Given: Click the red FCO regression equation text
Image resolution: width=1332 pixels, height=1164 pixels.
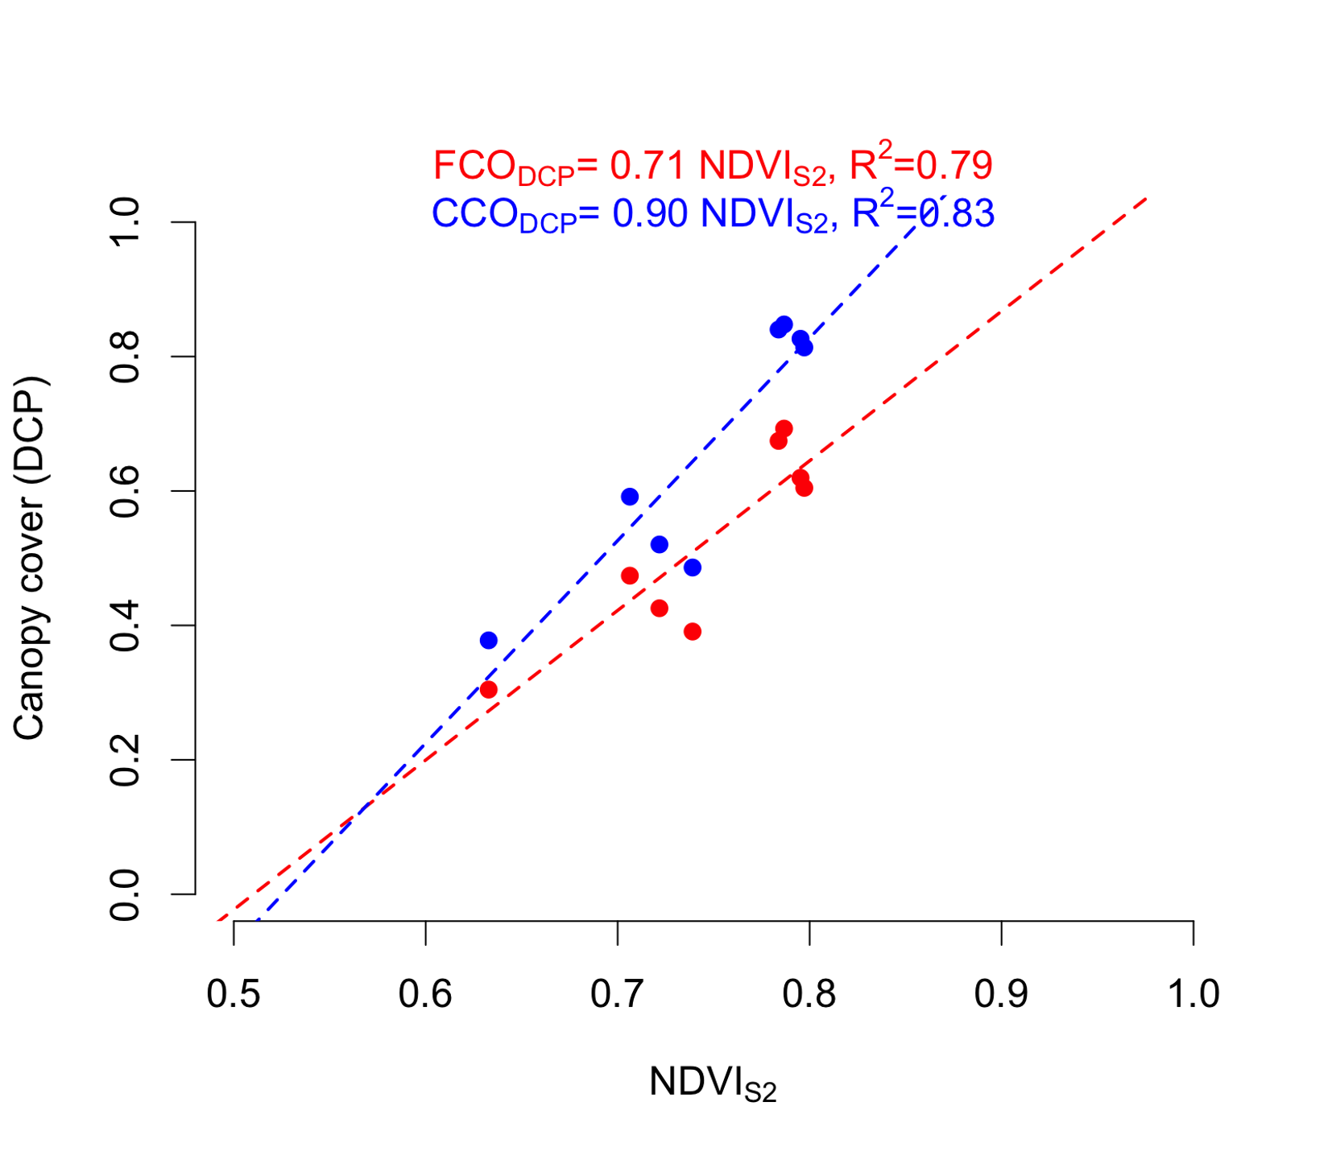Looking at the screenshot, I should [713, 167].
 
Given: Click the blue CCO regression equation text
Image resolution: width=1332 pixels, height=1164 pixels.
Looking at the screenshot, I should [713, 214].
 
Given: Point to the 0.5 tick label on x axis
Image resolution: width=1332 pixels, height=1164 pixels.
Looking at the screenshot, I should [234, 994].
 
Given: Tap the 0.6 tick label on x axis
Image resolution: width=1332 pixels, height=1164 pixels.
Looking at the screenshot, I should [425, 994].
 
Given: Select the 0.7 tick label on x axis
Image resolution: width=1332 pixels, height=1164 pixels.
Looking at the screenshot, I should [617, 994].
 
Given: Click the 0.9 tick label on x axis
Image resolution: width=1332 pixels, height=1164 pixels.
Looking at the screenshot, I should [1001, 994].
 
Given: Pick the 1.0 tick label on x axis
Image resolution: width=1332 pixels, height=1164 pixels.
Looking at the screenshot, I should [1193, 994].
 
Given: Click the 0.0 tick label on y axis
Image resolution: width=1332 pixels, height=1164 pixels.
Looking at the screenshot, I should [126, 894].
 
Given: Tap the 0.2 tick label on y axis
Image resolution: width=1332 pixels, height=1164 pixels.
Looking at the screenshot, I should [126, 760].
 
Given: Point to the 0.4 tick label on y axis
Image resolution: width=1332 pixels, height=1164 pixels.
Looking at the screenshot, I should [126, 625].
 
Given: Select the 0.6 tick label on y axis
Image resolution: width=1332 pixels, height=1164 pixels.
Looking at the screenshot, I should [126, 491].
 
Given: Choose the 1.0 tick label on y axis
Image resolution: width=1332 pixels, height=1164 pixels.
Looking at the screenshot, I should [126, 222].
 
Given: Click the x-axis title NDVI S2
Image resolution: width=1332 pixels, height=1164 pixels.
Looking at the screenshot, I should [713, 1084].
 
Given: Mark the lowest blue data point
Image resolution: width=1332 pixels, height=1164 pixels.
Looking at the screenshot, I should [488, 641].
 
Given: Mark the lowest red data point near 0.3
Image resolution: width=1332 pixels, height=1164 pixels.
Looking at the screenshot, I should [488, 690].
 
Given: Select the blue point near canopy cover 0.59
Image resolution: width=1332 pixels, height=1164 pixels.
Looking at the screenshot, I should [630, 497].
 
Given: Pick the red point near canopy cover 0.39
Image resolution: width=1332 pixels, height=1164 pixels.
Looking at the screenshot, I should [693, 632].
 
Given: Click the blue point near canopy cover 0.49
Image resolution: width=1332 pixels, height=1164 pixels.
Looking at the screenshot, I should [693, 568].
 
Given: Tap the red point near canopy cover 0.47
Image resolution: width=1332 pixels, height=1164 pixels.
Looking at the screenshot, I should [630, 576].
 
